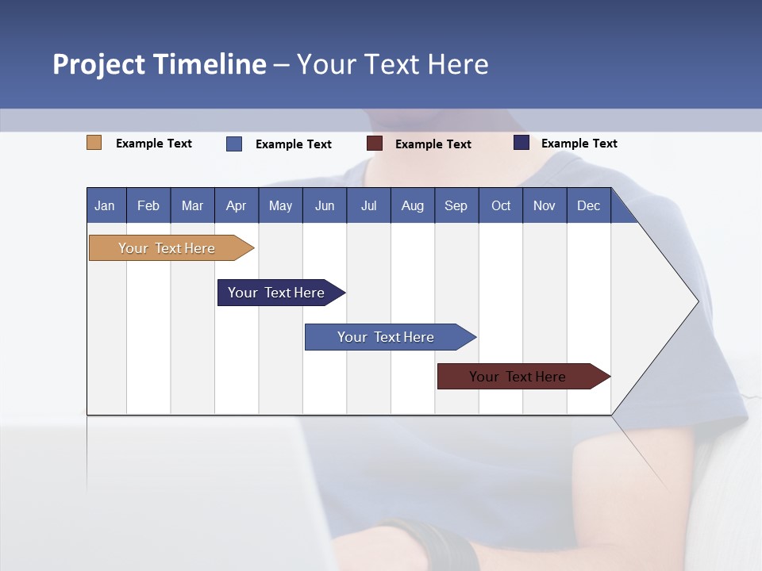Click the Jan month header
(x=105, y=206)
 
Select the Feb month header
(x=148, y=206)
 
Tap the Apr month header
(x=236, y=206)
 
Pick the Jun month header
(x=325, y=206)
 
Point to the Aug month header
(x=412, y=206)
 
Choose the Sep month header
(x=456, y=206)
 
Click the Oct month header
(x=501, y=206)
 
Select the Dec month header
(x=588, y=206)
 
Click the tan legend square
(x=94, y=143)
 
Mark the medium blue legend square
(x=234, y=144)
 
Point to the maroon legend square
(x=375, y=144)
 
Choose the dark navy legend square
(x=521, y=143)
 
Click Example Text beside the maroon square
(x=433, y=144)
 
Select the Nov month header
(x=545, y=206)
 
